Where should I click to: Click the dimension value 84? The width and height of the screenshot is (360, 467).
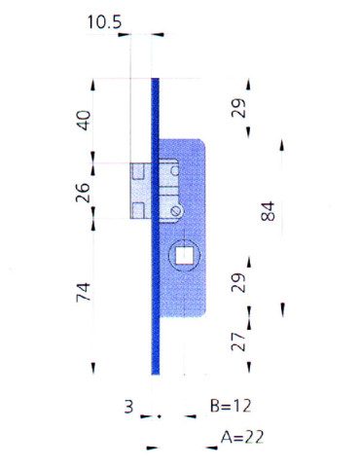click(270, 210)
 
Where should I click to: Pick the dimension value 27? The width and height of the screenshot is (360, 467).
click(239, 341)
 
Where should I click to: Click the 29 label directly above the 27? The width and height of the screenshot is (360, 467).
click(239, 283)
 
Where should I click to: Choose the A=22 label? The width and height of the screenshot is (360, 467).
click(242, 438)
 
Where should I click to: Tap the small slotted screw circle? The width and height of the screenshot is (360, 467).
click(175, 211)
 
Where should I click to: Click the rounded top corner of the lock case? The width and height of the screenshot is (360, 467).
click(199, 143)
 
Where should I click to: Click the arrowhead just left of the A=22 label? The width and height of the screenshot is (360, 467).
click(209, 448)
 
